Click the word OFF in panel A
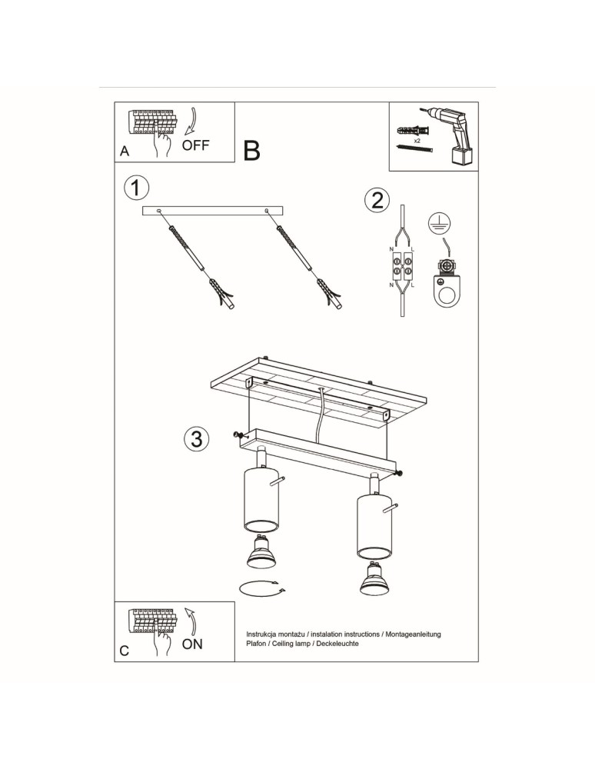tap(195, 145)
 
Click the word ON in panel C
tap(192, 644)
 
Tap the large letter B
tap(252, 151)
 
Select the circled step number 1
tap(136, 187)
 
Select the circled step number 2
tap(376, 200)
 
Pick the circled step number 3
tap(196, 439)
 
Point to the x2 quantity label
tap(417, 142)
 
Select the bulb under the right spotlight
tap(373, 581)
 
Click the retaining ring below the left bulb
tap(261, 589)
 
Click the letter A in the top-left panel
tap(125, 152)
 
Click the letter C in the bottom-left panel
tap(125, 651)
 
